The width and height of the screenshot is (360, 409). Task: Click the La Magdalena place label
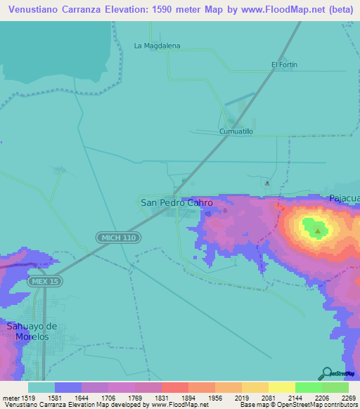(157, 46)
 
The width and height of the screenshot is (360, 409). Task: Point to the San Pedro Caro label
(177, 202)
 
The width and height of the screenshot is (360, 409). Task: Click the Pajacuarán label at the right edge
(344, 199)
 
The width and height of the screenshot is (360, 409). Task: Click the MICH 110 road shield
(119, 238)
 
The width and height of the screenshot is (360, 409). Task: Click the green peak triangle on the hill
(318, 230)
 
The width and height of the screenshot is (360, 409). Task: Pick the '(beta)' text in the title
(338, 9)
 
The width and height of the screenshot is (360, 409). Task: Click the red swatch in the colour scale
(174, 387)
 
